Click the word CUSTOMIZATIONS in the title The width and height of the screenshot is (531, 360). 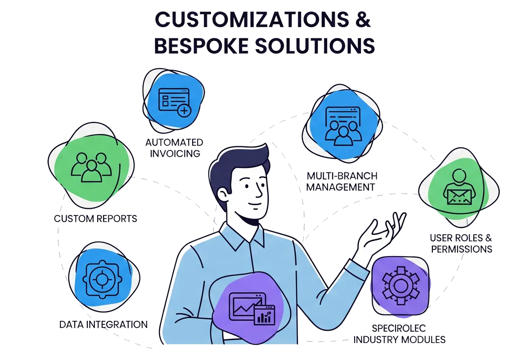pyautogui.click(x=250, y=21)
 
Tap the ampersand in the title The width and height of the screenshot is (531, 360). pyautogui.click(x=362, y=21)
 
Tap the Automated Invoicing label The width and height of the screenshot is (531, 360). pyautogui.click(x=174, y=148)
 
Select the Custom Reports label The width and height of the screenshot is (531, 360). pyautogui.click(x=95, y=219)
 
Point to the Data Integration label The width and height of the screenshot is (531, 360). pyautogui.click(x=103, y=324)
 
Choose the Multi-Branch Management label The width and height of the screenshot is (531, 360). pyautogui.click(x=342, y=180)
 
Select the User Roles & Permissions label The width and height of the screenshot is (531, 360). pyautogui.click(x=461, y=243)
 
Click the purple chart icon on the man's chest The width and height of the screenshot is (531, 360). pyautogui.click(x=251, y=308)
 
